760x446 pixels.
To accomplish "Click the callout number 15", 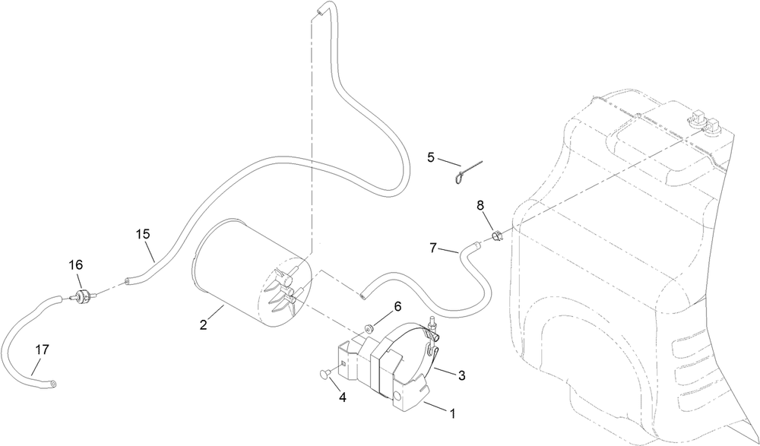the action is pos(143,234).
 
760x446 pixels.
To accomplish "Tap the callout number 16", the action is pos(75,265).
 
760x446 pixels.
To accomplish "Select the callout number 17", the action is pos(42,350).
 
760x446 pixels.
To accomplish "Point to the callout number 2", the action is pos(204,324).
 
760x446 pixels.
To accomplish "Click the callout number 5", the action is pos(432,157).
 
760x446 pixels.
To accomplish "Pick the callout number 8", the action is pos(480,205).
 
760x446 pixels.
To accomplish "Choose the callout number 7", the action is pos(433,248).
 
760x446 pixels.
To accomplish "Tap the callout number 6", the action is pos(397,307).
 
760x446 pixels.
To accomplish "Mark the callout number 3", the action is pos(462,375).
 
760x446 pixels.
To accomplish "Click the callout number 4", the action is pos(343,397).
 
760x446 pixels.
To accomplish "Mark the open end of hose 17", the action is pos(53,384).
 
